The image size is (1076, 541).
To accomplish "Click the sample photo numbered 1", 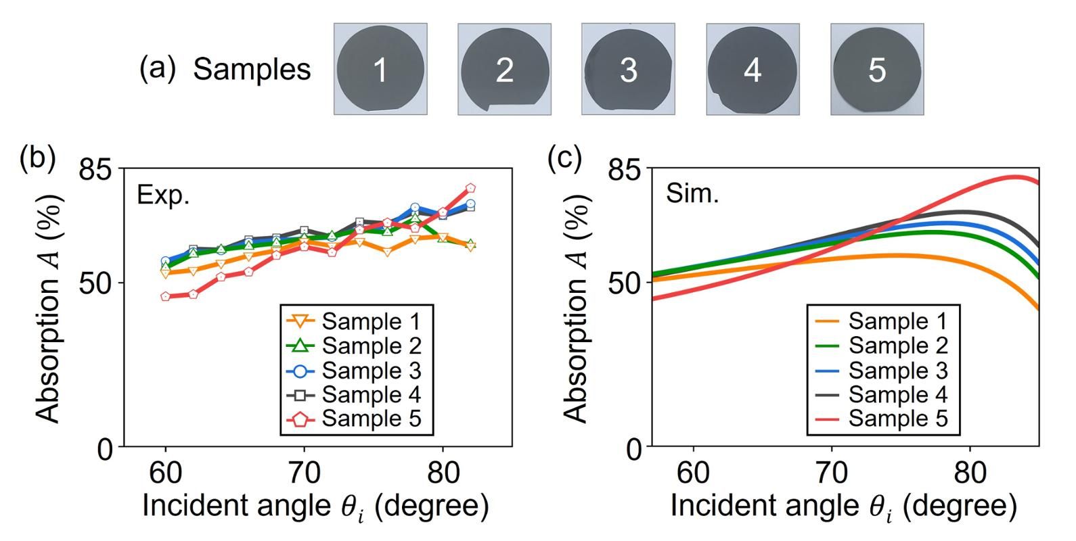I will pos(380,69).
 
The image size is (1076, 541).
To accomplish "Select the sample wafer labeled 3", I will pos(628,69).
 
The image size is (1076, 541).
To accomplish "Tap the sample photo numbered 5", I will pos(877,69).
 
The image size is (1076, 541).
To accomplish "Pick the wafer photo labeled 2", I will pos(504,69).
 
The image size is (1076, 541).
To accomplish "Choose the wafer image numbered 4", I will pos(753,69).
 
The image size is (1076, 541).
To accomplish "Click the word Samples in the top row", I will pos(252,69).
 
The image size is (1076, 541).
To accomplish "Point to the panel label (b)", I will pos(37,158).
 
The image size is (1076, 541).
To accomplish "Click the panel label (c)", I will pos(564,158).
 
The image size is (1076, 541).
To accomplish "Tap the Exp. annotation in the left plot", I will pos(163,195).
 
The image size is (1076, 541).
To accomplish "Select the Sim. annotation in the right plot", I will pos(692,193).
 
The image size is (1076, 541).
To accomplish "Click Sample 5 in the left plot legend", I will pos(371,419).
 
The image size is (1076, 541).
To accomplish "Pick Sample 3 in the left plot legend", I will pos(371,371).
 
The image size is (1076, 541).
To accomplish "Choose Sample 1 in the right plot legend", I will pos(897,321).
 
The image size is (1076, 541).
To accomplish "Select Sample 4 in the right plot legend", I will pos(897,394).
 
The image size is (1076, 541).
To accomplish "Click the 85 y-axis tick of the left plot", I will pos(97,169).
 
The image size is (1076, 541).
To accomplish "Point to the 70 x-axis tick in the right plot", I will pos(832,473).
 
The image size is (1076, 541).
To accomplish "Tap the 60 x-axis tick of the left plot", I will pos(166,473).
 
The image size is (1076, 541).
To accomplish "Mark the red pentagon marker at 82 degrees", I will pos(470,189).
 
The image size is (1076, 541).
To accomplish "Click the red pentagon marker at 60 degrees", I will pos(166,296).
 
